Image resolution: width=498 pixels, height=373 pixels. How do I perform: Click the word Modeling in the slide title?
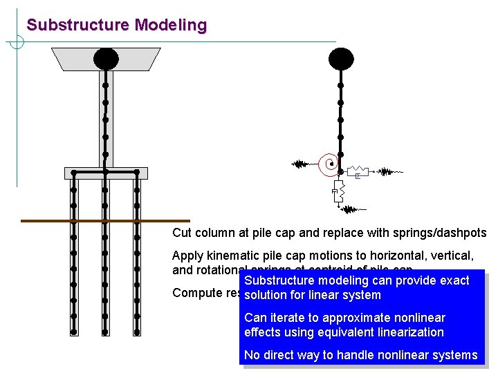click(x=171, y=26)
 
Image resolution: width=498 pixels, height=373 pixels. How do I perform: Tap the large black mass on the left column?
click(x=106, y=59)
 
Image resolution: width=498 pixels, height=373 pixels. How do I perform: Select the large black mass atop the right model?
click(x=340, y=59)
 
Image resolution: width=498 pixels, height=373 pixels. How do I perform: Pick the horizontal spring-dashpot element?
click(x=358, y=171)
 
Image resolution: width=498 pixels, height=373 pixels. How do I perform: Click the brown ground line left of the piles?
click(x=41, y=221)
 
